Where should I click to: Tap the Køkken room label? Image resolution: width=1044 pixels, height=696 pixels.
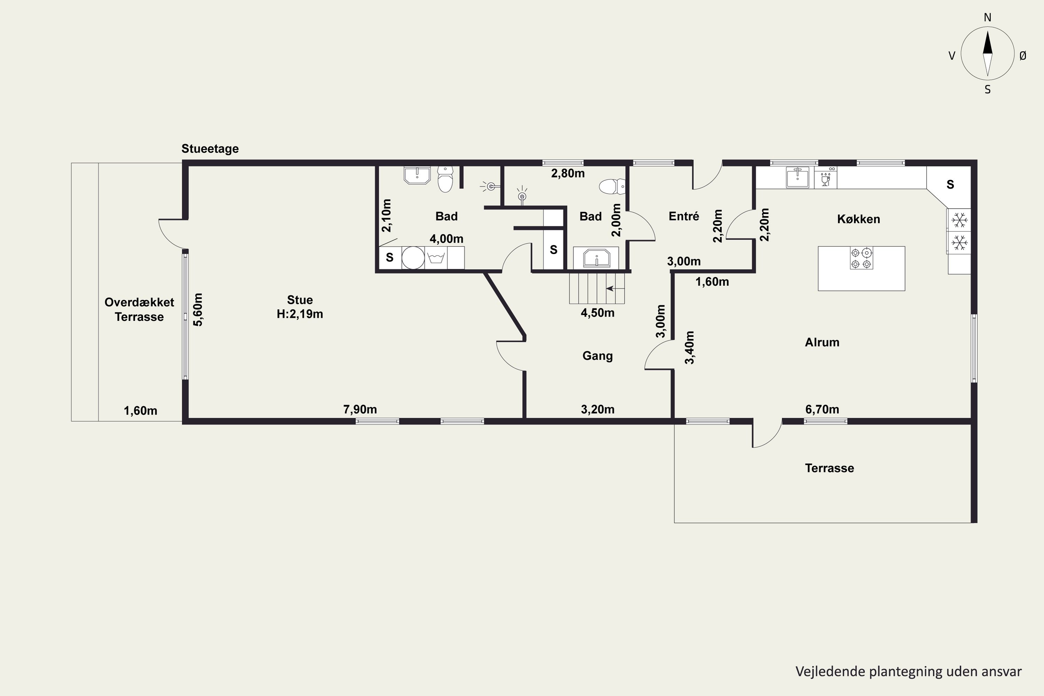point(859,219)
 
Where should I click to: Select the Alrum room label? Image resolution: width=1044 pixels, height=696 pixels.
point(822,342)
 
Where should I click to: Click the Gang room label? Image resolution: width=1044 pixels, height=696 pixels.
point(598,356)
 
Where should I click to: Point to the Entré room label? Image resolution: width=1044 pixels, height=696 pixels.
point(683,216)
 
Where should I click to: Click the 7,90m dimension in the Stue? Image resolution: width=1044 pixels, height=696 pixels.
point(360,409)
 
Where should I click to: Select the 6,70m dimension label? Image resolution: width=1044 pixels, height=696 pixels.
point(822,409)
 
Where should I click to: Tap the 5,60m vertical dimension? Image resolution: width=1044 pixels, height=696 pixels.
point(198,310)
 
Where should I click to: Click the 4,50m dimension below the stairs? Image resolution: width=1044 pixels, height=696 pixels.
point(598,313)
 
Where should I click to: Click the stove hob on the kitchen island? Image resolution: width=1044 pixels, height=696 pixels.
point(861,258)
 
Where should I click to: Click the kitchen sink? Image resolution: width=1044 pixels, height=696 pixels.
point(797,177)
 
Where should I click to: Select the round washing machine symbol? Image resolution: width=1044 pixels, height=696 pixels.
point(413,258)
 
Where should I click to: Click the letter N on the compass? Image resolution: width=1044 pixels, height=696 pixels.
point(988,17)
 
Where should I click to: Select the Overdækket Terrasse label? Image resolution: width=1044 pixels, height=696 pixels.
point(140,310)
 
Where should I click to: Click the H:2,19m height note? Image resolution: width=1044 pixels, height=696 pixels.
point(300,314)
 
